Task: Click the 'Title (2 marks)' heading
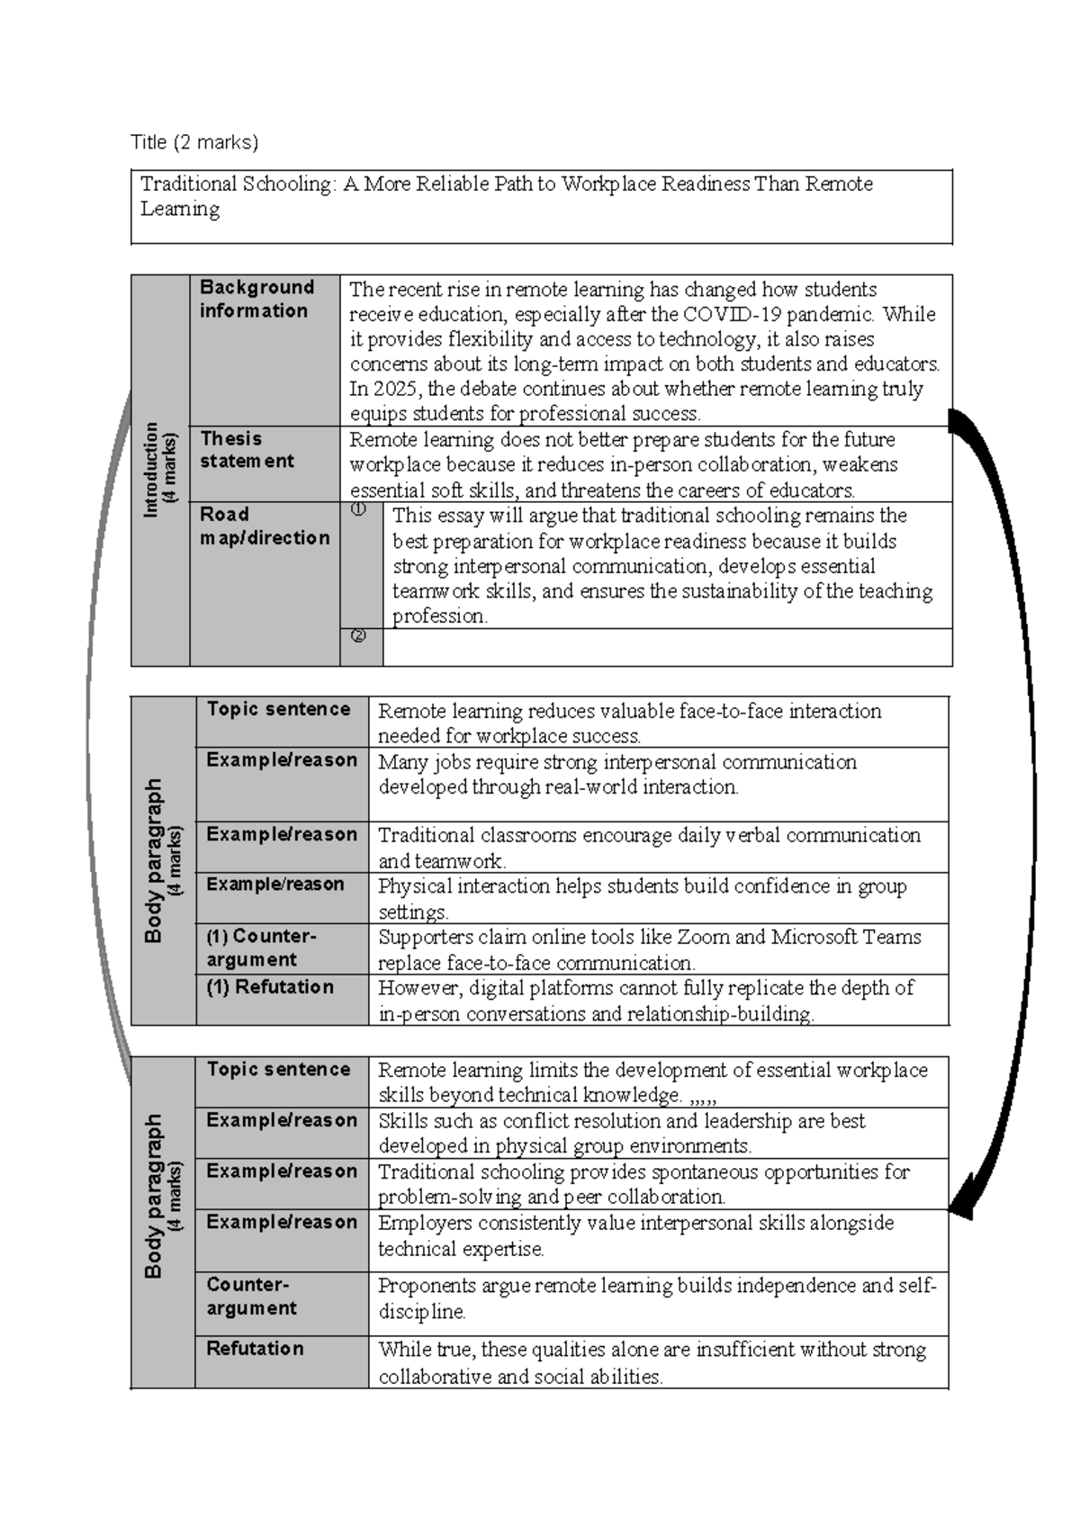coord(194,142)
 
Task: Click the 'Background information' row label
coord(256,299)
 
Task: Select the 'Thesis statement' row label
coord(247,450)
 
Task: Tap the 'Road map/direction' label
coord(265,526)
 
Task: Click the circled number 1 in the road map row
coord(358,510)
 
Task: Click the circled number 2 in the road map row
coord(358,636)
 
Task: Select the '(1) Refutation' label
coord(270,987)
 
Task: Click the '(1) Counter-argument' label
coord(261,947)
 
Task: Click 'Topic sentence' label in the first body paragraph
coord(278,709)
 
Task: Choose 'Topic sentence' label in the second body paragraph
coord(278,1069)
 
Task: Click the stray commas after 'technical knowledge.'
coord(702,1097)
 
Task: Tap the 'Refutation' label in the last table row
coord(255,1348)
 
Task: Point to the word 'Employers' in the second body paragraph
coord(421,1223)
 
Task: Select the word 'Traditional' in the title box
coord(188,184)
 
